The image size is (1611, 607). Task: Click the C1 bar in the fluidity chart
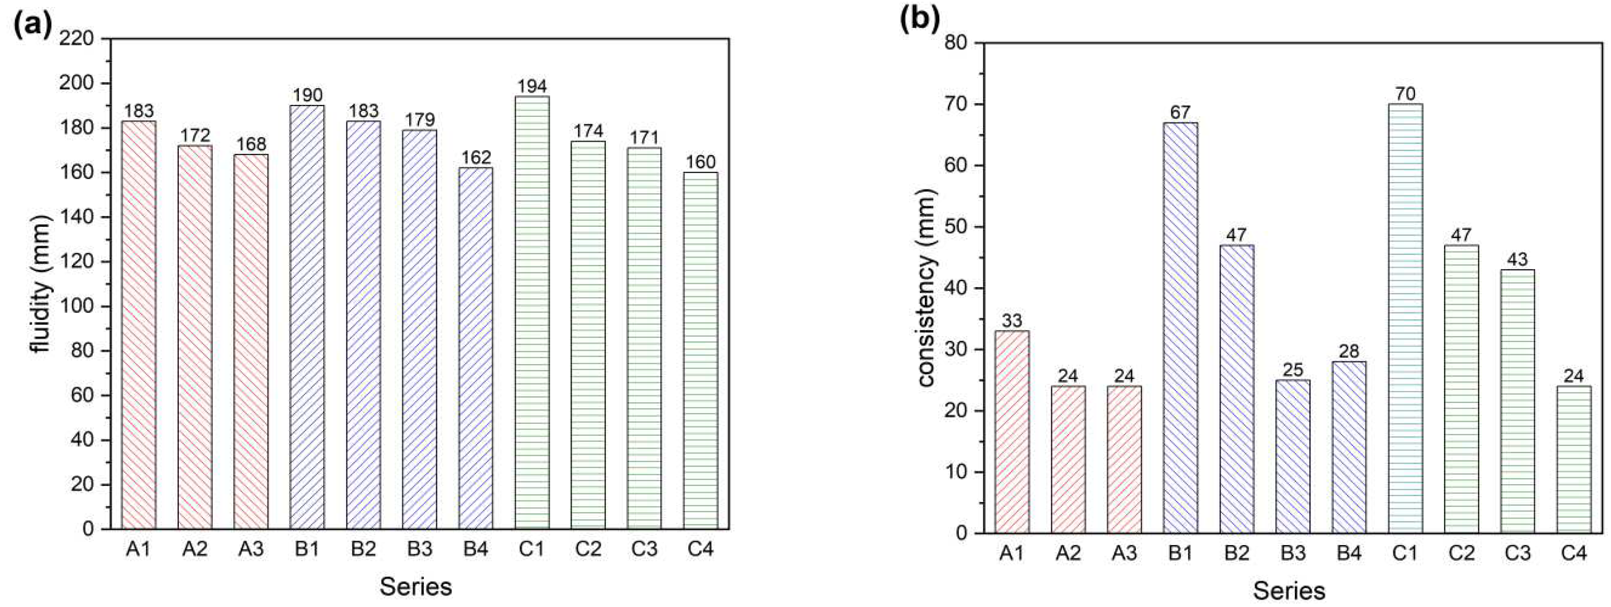click(x=532, y=312)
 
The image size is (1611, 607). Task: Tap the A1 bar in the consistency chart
click(x=1012, y=431)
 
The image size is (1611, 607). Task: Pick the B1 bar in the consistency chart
click(x=1180, y=327)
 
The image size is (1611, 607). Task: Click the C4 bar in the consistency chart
click(x=1573, y=459)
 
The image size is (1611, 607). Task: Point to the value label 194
click(x=532, y=86)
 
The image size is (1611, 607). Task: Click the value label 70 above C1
click(x=1405, y=94)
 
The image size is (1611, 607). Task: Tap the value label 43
click(x=1517, y=260)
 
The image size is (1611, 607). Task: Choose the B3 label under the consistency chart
click(x=1293, y=553)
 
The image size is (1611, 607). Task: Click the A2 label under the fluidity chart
click(x=194, y=549)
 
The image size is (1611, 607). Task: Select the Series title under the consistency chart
click(x=1289, y=591)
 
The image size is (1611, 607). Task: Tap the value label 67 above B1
click(x=1180, y=113)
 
